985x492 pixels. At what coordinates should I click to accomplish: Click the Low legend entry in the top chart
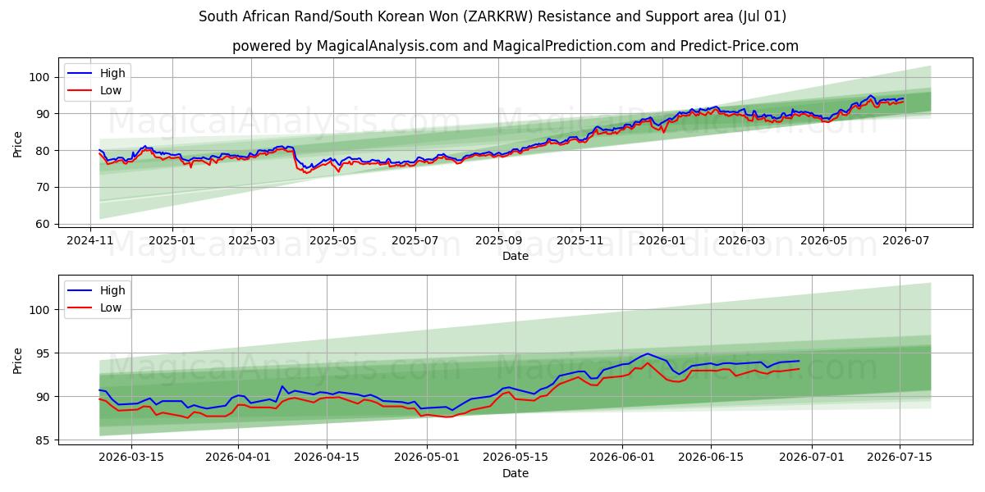pyautogui.click(x=94, y=90)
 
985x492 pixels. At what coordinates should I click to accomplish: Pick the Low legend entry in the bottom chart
pyautogui.click(x=94, y=308)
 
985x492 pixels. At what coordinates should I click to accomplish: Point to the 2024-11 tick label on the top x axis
pyautogui.click(x=90, y=241)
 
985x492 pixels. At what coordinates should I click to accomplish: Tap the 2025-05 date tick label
pyautogui.click(x=333, y=241)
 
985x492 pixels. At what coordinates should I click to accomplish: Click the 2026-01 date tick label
pyautogui.click(x=662, y=241)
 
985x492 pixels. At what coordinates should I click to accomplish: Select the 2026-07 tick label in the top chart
pyautogui.click(x=906, y=241)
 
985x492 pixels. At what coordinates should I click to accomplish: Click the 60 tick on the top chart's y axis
pyautogui.click(x=42, y=224)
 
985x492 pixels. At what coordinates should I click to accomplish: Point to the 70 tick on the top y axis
pyautogui.click(x=42, y=188)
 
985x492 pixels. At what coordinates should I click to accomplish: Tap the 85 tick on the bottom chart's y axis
pyautogui.click(x=42, y=440)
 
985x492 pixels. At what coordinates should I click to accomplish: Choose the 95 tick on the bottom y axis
pyautogui.click(x=42, y=353)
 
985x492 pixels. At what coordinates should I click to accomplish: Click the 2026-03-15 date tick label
pyautogui.click(x=131, y=458)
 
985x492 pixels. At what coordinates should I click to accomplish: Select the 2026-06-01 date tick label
pyautogui.click(x=622, y=458)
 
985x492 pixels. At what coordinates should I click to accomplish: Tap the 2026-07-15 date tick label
pyautogui.click(x=900, y=458)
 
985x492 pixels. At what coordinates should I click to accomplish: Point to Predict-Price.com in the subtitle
pyautogui.click(x=740, y=46)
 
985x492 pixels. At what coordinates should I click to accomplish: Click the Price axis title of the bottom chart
pyautogui.click(x=17, y=361)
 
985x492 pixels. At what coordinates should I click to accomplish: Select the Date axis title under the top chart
pyautogui.click(x=515, y=256)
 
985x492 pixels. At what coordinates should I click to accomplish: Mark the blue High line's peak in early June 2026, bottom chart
pyautogui.click(x=648, y=353)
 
